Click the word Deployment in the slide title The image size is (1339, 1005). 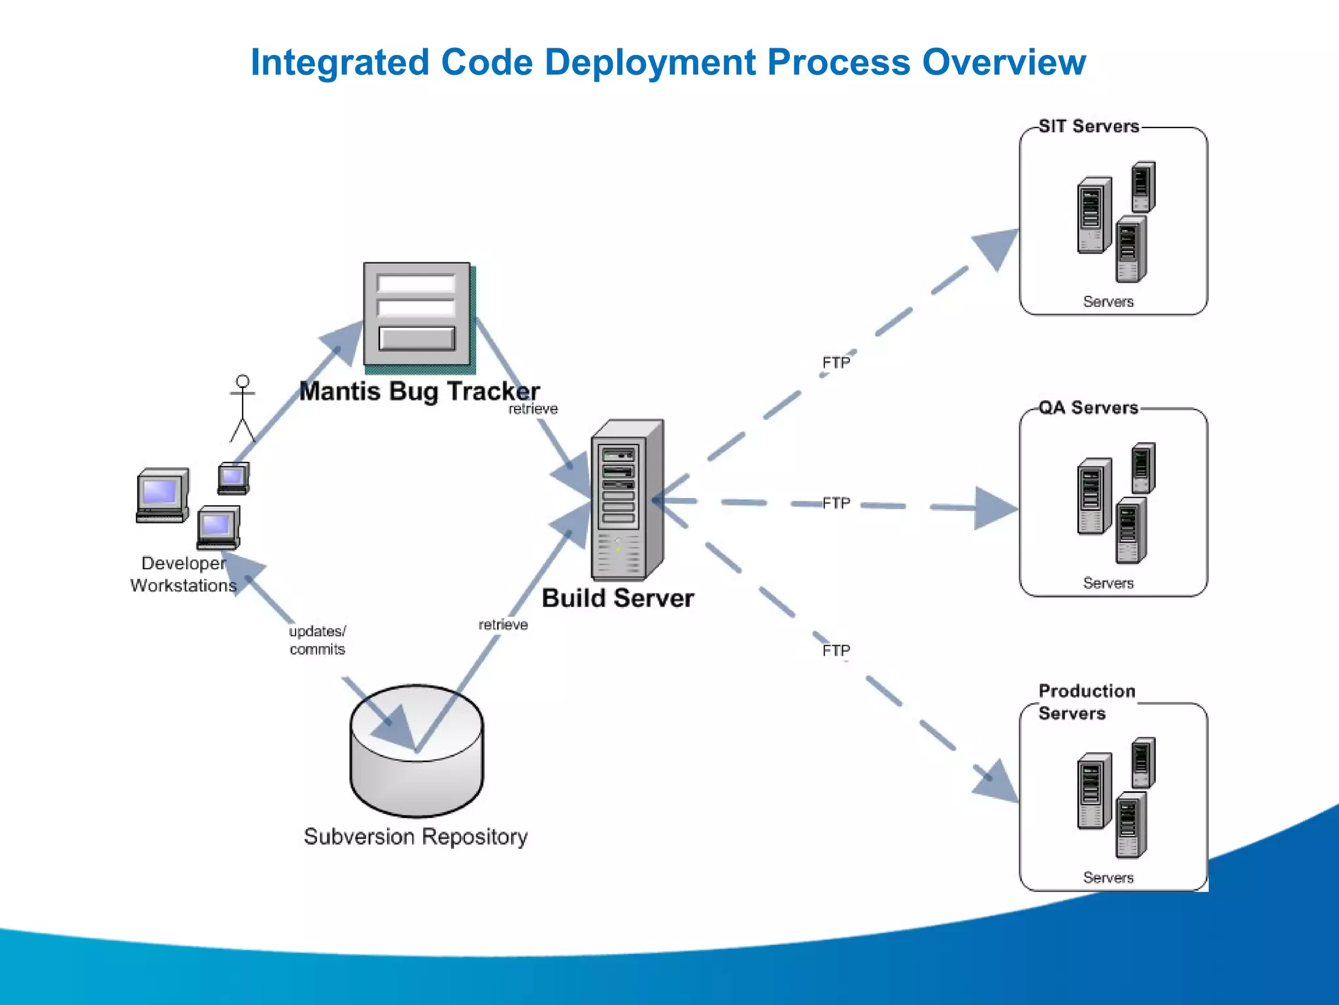coord(651,63)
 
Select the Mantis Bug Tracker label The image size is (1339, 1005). coord(419,391)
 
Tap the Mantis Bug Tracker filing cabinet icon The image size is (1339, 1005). coord(418,315)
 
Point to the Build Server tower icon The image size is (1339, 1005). coord(626,500)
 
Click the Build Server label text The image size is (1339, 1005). coord(617,598)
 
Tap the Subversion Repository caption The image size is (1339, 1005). coord(416,837)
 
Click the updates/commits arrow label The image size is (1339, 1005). coord(317,640)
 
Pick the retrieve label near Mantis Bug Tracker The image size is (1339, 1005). coord(533,409)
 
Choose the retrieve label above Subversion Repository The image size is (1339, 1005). coord(503,625)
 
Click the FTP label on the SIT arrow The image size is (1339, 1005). coord(836,362)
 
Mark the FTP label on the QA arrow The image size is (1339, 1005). coord(836,503)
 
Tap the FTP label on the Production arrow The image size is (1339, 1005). coord(836,650)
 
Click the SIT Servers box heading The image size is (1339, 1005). coord(1089,126)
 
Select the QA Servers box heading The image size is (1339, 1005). coord(1089,408)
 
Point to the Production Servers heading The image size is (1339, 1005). coord(1087,701)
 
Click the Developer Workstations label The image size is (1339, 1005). coord(183,574)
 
